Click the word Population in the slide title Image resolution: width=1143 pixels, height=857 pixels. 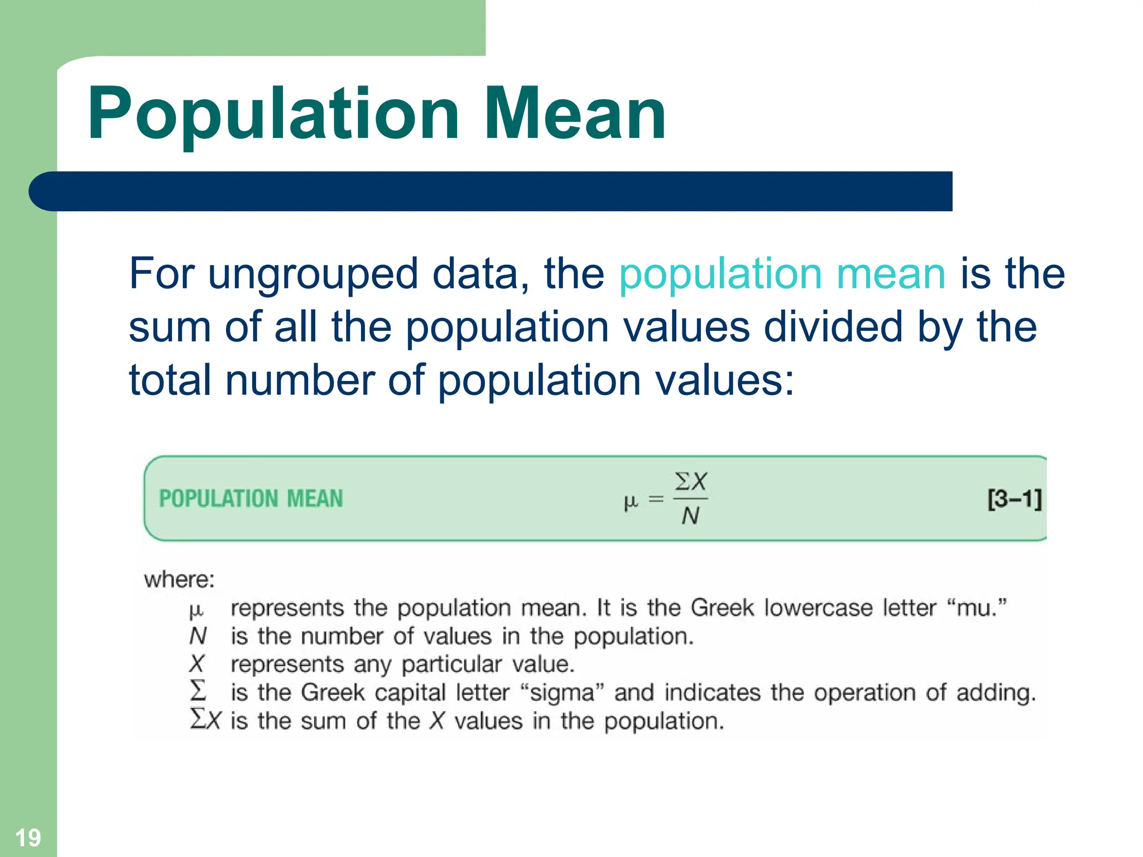coord(273,114)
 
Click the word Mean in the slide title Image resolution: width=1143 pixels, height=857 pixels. coord(575,114)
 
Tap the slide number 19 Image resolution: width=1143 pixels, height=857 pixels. coord(28,837)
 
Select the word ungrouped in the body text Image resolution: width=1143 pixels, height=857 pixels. coord(313,275)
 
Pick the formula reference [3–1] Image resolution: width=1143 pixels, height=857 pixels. coord(1014,499)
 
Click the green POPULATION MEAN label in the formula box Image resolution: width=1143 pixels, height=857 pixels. coord(251,499)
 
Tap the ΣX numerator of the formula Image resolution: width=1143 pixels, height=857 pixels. coord(691,481)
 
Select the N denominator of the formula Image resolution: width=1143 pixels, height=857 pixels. coord(690,516)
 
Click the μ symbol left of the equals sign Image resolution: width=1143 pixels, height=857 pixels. coord(630,502)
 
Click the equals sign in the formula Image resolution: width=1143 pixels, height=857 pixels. coord(656,499)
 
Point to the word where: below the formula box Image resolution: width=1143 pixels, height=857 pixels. coord(179,580)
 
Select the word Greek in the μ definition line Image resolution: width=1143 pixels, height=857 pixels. coord(722,608)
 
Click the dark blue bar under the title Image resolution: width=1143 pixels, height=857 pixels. coord(491,191)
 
